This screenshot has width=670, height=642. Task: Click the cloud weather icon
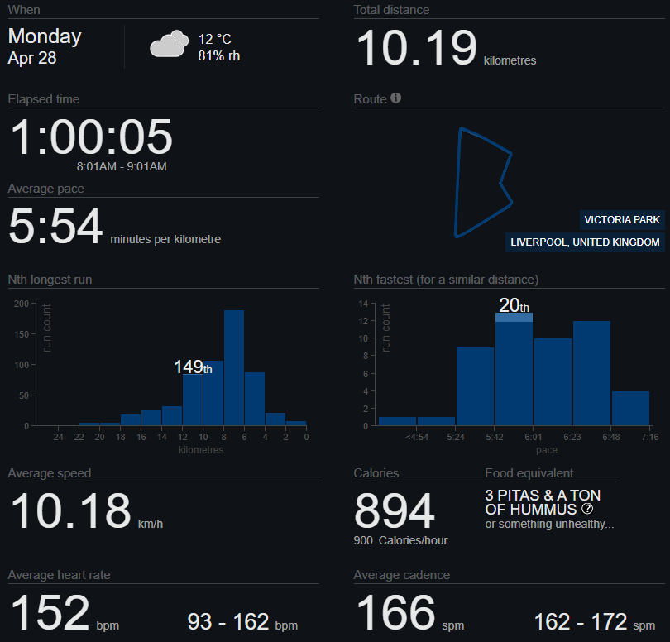click(x=169, y=43)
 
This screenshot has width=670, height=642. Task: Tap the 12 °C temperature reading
click(x=215, y=39)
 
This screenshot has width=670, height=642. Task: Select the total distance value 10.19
click(x=416, y=48)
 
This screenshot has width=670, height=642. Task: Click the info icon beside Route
click(x=396, y=98)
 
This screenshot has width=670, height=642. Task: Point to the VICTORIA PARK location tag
click(x=622, y=220)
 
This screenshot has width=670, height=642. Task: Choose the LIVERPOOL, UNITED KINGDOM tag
click(x=586, y=242)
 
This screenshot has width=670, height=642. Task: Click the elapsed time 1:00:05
click(x=91, y=137)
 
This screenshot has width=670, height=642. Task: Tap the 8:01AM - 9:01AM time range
click(x=122, y=166)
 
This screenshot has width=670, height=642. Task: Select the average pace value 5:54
click(x=55, y=227)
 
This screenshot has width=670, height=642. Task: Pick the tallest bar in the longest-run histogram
click(x=234, y=367)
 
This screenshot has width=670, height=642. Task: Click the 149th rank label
click(x=193, y=367)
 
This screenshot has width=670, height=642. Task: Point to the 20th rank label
click(x=514, y=306)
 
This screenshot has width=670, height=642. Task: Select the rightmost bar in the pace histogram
click(x=630, y=408)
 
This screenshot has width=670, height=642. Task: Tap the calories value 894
click(x=395, y=511)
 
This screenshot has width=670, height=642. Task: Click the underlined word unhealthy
click(x=581, y=525)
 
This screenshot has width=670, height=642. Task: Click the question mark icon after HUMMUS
click(x=588, y=509)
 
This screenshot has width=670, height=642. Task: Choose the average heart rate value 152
click(x=50, y=614)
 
